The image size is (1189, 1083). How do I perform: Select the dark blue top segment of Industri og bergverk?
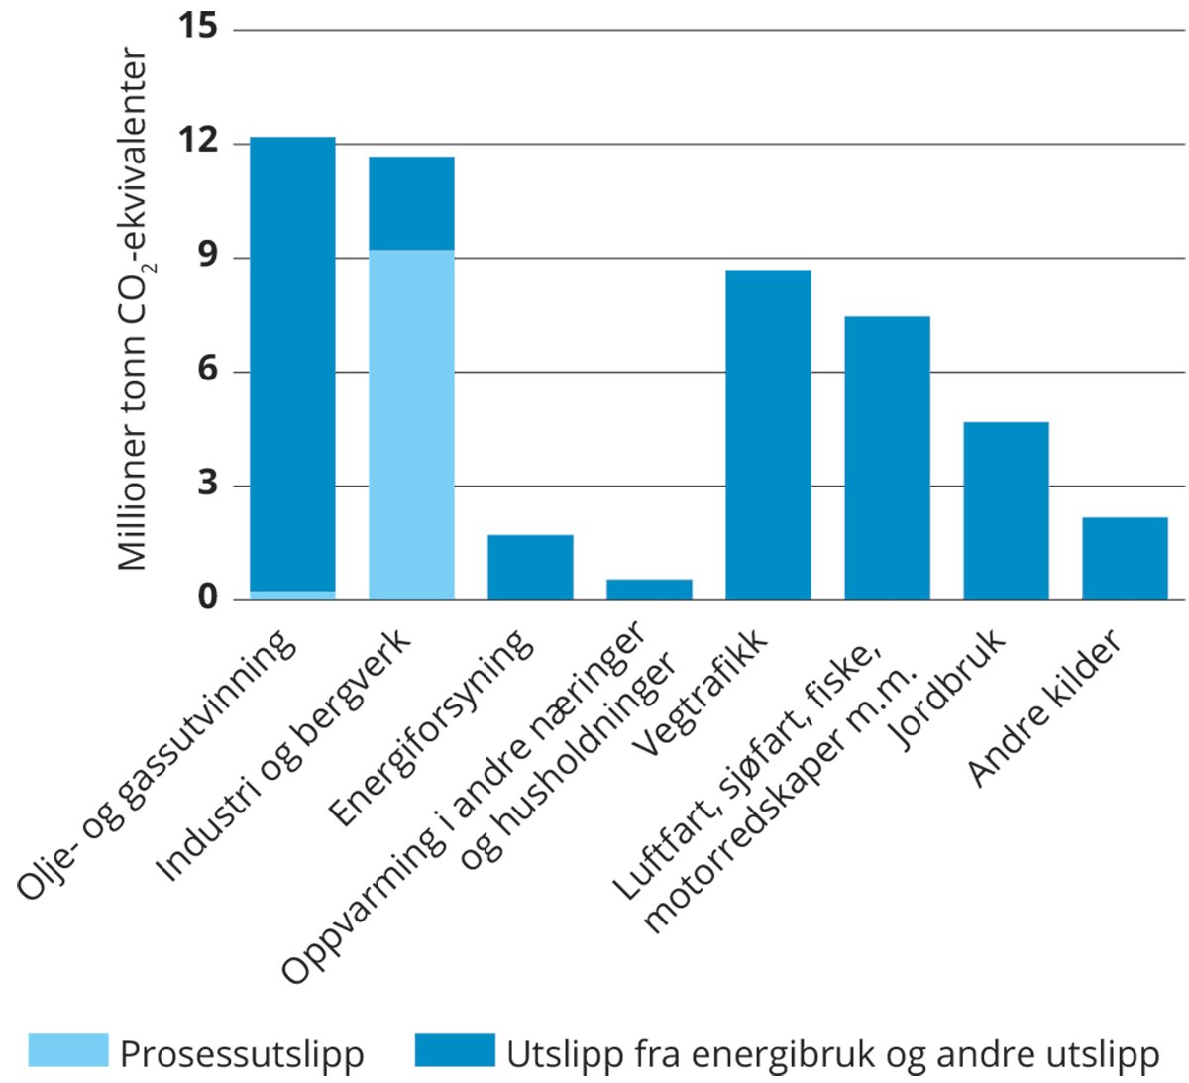411,203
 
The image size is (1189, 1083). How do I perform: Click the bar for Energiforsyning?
530,567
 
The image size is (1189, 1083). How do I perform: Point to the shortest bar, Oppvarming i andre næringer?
649,589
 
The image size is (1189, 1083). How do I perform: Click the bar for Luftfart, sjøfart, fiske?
887,458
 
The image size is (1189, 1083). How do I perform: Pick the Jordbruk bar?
1006,510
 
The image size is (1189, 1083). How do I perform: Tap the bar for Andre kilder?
1125,558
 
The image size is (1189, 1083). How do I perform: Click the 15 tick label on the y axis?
197,27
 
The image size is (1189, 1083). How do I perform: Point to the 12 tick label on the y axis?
197,142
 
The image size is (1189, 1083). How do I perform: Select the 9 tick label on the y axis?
206,257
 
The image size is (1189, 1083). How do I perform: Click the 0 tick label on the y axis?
206,598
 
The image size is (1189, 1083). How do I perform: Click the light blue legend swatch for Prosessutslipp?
67,1050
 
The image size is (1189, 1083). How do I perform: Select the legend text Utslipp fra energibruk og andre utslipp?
832,1053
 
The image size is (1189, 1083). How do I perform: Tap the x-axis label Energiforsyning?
431,728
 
